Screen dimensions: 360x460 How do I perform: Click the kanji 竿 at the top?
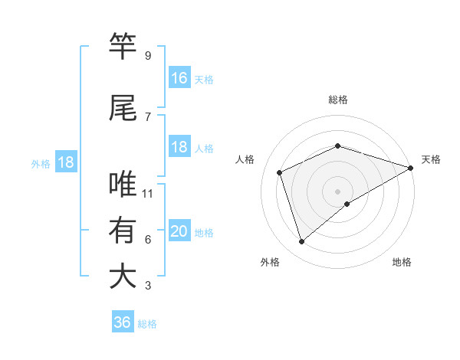tap(123, 47)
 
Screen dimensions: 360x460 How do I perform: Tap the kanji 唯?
tap(123, 185)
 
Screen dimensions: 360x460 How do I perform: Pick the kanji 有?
tap(123, 231)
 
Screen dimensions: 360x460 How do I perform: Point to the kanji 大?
tap(123, 277)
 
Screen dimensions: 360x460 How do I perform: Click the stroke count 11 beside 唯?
tap(148, 194)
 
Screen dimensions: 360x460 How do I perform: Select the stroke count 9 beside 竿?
tap(147, 56)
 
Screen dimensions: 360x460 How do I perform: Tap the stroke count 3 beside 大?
tap(147, 286)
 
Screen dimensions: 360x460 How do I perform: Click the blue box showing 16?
tap(179, 78)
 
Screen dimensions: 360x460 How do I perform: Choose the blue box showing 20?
tap(179, 231)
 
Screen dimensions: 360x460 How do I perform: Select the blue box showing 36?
tap(123, 322)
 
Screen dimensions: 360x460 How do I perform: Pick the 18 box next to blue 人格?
tap(179, 147)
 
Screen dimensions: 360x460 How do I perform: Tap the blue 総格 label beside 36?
tap(147, 324)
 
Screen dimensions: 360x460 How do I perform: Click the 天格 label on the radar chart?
tap(431, 159)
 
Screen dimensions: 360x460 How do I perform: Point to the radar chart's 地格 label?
tap(402, 262)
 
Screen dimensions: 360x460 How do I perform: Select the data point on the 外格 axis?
tap(301, 242)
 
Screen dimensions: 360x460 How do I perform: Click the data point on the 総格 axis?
tap(337, 146)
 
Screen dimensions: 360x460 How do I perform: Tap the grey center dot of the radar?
tap(337, 190)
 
